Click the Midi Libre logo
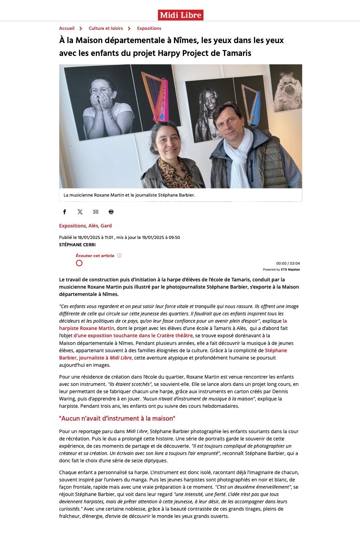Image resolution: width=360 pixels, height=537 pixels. pos(181,15)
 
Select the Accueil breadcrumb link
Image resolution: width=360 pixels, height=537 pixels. pos(67,28)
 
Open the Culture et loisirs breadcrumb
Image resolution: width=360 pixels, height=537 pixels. pos(106,28)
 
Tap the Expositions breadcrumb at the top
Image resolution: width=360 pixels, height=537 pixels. pos(149,28)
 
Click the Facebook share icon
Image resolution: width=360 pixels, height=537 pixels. pos(64,212)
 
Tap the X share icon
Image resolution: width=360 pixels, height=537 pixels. pos(80,212)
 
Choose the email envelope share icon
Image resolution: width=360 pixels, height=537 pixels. pos(95,212)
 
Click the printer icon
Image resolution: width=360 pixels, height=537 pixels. pos(111,212)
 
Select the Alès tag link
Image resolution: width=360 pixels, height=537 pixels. pos(93,226)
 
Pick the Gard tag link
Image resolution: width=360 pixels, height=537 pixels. pos(106,226)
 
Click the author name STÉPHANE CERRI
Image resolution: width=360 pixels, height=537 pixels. pos(77,245)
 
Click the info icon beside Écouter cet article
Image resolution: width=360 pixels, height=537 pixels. pos(119,256)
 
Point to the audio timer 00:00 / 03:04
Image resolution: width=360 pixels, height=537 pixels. pos(288,263)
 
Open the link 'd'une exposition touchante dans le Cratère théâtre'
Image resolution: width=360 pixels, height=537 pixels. pos(133,336)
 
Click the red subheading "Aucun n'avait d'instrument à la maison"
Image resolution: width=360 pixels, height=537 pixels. pos(117,419)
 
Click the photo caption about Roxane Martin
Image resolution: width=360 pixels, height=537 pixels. pos(129,195)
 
